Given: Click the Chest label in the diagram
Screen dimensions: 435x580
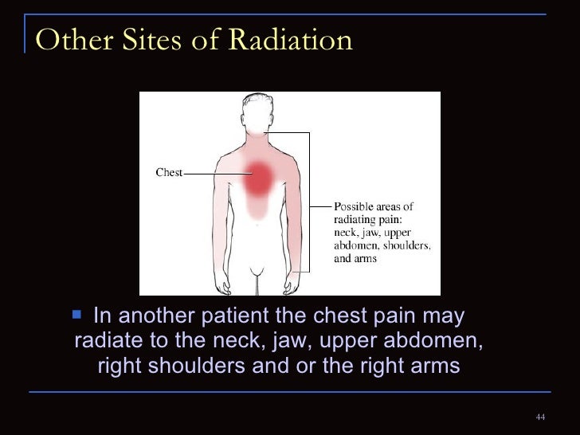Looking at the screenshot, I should coord(169,172).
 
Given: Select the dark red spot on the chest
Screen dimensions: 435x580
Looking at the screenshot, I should coord(257,179).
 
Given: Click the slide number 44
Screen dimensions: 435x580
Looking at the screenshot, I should coord(540,418).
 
